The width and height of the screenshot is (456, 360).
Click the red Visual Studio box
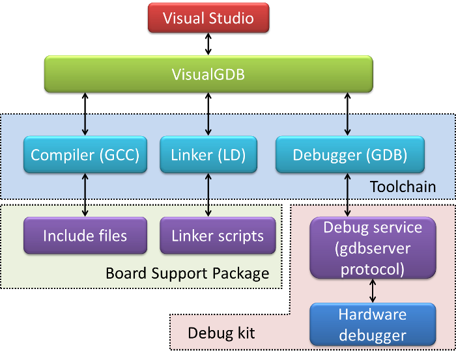click(208, 18)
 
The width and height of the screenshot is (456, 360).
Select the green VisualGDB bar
click(208, 74)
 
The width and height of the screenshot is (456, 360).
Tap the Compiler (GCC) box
click(85, 155)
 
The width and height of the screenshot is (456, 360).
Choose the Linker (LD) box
click(208, 155)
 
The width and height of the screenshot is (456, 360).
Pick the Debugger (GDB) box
click(350, 155)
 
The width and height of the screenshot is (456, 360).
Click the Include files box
click(85, 235)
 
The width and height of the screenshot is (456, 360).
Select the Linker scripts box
click(218, 235)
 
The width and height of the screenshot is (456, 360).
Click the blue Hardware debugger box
click(373, 325)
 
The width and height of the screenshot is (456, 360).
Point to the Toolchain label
click(403, 187)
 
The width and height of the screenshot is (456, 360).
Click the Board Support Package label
click(187, 273)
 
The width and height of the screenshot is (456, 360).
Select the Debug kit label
click(221, 333)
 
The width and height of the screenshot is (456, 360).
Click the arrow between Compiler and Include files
click(85, 195)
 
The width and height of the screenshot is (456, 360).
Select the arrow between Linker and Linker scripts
click(208, 195)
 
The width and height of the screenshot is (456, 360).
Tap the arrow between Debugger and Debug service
click(347, 195)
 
